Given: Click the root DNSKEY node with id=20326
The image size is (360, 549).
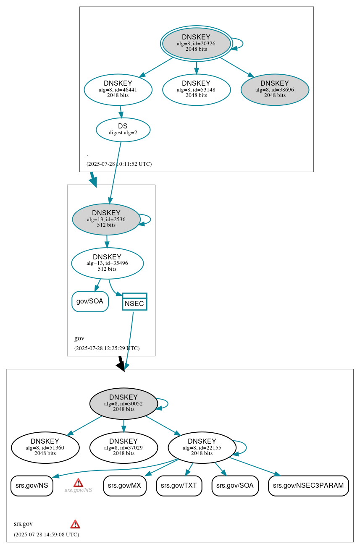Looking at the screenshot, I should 196,43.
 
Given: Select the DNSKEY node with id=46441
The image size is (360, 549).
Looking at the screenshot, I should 118,89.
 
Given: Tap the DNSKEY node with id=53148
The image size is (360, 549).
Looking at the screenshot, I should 196,89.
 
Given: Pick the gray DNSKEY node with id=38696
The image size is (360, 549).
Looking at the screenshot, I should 275,89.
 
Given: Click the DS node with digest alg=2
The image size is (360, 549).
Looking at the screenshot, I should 123,130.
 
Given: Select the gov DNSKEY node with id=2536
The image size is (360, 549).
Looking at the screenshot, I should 106,219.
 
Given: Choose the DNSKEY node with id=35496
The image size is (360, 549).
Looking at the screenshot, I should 107,263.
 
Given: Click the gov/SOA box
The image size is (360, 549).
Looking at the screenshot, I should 90,301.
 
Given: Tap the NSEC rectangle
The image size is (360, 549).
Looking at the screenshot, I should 134,302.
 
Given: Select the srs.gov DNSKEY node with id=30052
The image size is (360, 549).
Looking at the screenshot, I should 124,403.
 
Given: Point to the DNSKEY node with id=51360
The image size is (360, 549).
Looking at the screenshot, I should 45,447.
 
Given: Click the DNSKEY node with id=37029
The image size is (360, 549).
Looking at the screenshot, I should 124,447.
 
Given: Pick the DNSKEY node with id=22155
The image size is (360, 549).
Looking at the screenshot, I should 202,447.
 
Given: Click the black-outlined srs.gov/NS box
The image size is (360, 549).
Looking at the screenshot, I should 32,486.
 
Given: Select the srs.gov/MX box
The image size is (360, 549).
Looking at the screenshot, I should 125,486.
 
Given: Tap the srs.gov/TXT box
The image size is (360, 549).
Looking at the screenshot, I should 179,486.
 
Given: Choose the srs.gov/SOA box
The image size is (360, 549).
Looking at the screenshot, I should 235,486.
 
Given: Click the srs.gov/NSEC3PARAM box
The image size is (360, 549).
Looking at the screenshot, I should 308,486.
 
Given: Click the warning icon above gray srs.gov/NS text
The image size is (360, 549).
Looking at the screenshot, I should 78,483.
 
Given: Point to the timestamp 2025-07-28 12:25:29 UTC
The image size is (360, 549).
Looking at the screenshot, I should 107,348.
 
